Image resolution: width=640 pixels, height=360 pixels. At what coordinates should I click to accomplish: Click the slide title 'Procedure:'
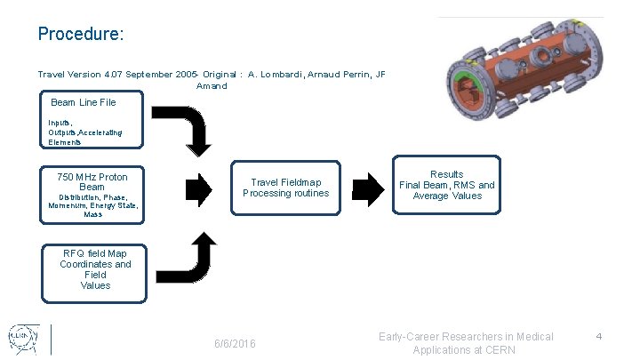(80, 34)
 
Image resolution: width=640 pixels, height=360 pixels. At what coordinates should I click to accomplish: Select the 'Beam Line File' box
(84, 103)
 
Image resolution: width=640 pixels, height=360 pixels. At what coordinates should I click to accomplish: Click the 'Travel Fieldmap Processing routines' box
(285, 188)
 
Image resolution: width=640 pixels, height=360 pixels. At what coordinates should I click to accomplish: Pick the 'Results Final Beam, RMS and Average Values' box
(446, 185)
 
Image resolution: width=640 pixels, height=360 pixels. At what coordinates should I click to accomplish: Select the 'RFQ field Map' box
(95, 269)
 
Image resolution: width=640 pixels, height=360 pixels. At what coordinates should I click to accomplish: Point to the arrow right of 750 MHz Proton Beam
(199, 188)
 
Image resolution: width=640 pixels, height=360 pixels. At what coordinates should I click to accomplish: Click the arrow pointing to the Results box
(367, 188)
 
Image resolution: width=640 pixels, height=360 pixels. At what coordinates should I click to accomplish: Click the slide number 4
(599, 336)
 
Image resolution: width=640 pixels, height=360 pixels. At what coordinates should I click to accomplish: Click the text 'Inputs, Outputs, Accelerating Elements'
(85, 132)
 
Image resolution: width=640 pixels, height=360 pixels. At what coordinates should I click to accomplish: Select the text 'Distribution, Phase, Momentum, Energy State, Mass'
(92, 205)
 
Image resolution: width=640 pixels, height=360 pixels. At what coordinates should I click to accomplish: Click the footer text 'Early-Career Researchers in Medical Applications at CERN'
(466, 342)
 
